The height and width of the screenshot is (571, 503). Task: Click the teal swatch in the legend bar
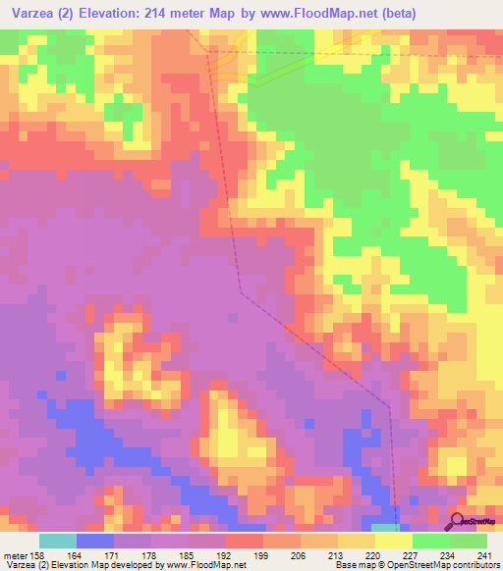pos(58,541)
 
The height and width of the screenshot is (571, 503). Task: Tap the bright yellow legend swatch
pos(392,541)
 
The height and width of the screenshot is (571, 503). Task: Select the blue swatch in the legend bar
pos(95,541)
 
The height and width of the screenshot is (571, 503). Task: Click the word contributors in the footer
pos(475,565)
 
